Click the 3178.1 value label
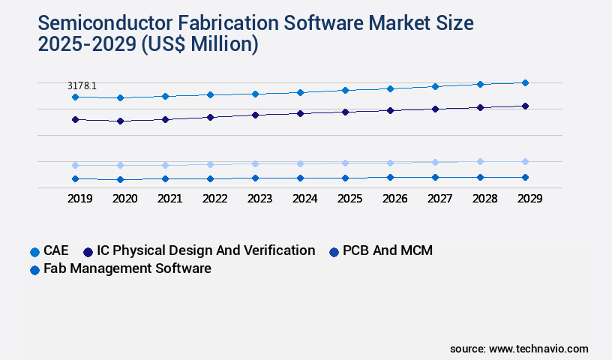pos(82,86)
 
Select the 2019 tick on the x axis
pos(79,199)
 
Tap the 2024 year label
pos(304,199)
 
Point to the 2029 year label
pos(529,199)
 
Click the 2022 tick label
pos(214,199)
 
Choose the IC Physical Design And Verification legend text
pos(200,250)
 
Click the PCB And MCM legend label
pos(387,250)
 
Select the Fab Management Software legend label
pos(127,268)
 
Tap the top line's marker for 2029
pos(525,82)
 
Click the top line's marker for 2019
pos(75,97)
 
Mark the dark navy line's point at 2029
pos(525,106)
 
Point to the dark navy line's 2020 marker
pos(120,121)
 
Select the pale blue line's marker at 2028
pos(480,161)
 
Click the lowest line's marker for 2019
pos(75,178)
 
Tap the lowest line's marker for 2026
pos(390,177)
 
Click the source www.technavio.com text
pos(519,349)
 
